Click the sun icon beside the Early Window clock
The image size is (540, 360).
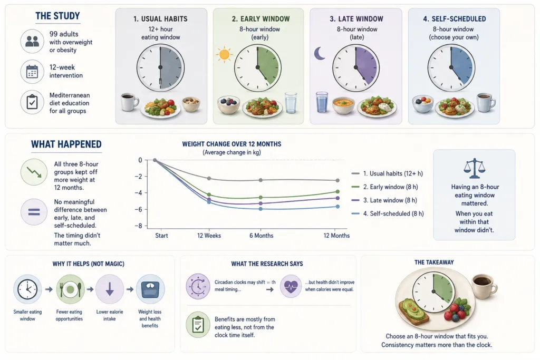[224, 54]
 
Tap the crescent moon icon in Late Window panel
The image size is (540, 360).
[320, 53]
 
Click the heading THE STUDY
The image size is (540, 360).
[57, 16]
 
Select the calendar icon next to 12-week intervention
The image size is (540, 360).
[32, 72]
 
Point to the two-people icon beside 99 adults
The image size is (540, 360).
[32, 41]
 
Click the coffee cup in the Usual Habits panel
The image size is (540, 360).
[129, 102]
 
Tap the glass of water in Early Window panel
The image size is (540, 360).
[291, 103]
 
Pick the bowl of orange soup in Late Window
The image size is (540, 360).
[343, 105]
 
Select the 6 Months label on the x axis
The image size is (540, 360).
[261, 236]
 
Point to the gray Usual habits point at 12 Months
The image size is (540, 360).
[337, 180]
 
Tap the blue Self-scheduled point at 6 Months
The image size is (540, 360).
[261, 209]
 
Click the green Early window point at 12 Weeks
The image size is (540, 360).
[209, 195]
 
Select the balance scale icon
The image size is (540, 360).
[474, 168]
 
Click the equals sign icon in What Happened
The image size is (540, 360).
[34, 212]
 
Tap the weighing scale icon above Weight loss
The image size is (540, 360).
[150, 289]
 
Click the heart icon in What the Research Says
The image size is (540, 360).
[291, 286]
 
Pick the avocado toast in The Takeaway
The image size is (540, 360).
[413, 312]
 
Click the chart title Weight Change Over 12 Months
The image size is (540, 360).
[232, 144]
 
